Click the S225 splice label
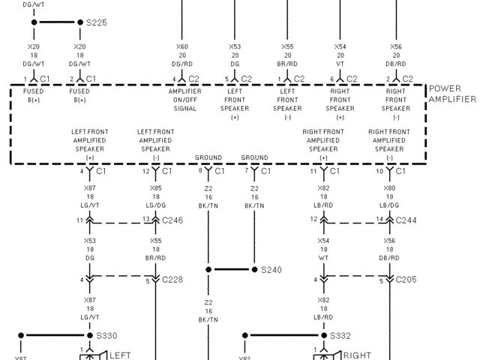click(97, 22)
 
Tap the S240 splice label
click(271, 269)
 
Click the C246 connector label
click(172, 220)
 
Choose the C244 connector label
click(406, 220)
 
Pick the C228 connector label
click(172, 280)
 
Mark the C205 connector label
click(406, 280)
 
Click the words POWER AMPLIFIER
click(452, 94)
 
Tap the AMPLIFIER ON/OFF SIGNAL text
click(184, 99)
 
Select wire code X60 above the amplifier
click(182, 46)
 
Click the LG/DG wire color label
click(155, 205)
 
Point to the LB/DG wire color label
click(389, 205)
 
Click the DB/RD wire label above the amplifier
click(395, 64)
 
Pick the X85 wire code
click(155, 188)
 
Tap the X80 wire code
click(389, 188)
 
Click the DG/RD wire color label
click(182, 64)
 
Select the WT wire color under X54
click(323, 258)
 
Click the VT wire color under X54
click(340, 64)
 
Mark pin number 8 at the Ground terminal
click(200, 172)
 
